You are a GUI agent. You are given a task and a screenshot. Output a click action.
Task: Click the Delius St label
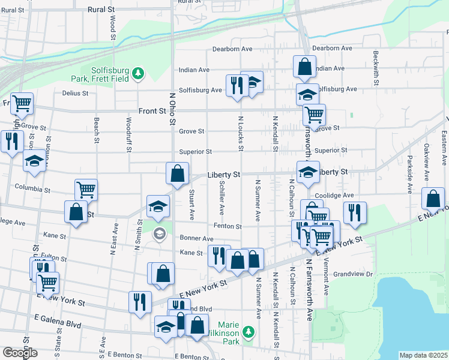point(75,93)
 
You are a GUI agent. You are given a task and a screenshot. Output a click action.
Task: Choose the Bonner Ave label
point(193,238)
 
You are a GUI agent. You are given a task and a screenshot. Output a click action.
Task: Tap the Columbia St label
point(33,189)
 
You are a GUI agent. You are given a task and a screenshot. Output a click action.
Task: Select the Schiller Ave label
point(221,197)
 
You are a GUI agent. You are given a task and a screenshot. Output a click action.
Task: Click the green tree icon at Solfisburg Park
point(139,73)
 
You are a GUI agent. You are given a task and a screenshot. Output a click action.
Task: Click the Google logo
point(20,353)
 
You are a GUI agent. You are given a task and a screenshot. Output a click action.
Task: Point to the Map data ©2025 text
point(423,355)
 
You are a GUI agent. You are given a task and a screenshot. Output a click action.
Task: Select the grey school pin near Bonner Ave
point(159,233)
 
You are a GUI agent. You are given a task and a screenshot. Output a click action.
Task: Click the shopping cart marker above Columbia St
point(86,190)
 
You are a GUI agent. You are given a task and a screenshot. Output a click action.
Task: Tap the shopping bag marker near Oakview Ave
point(433,199)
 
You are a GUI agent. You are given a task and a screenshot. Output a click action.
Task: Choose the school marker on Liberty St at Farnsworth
point(308,172)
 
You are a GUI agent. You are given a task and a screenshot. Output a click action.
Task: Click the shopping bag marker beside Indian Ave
point(304,66)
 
